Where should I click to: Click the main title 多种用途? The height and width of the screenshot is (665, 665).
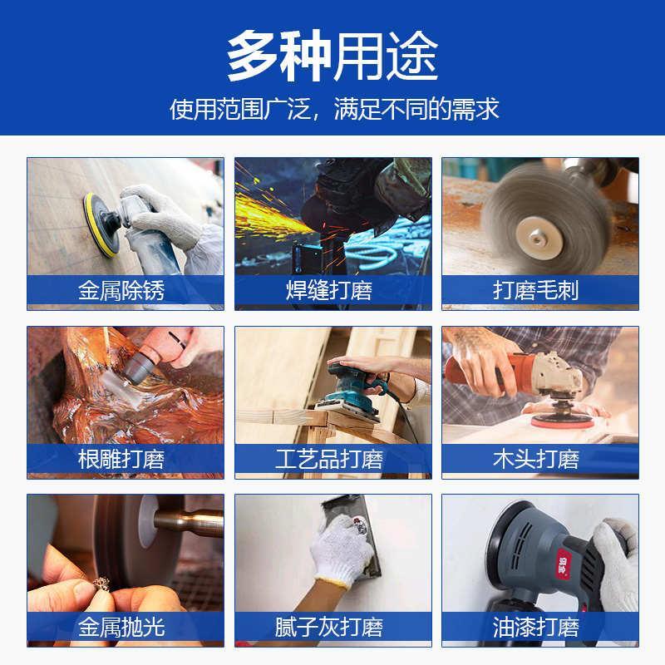(332, 57)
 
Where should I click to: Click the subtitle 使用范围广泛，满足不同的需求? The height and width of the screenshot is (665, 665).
(332, 109)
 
